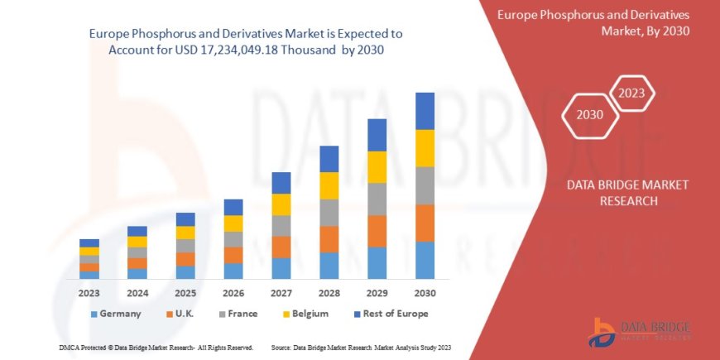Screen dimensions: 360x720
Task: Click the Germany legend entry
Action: click(x=115, y=314)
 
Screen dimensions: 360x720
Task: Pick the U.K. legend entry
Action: click(x=183, y=314)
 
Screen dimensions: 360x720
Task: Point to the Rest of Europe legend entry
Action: click(x=389, y=314)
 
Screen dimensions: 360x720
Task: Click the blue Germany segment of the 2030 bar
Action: click(x=425, y=260)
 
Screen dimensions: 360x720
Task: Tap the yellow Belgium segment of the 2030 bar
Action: click(x=425, y=148)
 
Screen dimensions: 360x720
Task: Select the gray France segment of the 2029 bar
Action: click(x=377, y=199)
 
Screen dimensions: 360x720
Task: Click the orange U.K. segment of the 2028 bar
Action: click(x=329, y=239)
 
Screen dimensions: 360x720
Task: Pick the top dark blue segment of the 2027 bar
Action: click(x=281, y=183)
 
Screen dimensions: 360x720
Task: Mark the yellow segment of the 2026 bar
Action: click(x=233, y=223)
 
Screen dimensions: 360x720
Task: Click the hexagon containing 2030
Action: click(x=590, y=115)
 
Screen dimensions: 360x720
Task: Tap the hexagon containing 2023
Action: click(x=632, y=93)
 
